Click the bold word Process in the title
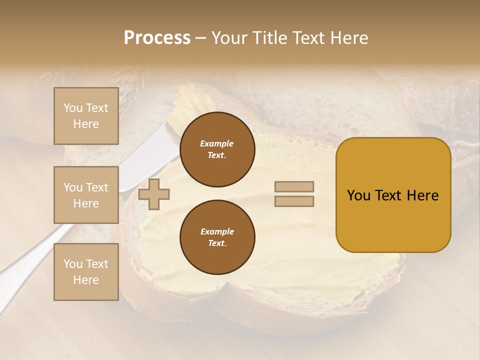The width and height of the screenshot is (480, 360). click(157, 38)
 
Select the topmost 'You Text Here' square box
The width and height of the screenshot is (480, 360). click(86, 116)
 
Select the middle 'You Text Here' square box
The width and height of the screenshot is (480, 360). click(86, 195)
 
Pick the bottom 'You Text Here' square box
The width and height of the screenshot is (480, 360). click(86, 271)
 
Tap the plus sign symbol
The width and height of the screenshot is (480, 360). click(154, 194)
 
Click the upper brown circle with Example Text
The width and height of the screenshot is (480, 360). click(217, 149)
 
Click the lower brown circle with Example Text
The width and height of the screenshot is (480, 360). click(217, 237)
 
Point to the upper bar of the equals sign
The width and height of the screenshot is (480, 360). click(294, 187)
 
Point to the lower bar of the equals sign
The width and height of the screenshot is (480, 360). click(294, 201)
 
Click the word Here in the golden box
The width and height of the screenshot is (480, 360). click(423, 195)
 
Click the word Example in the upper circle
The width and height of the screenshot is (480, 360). click(217, 143)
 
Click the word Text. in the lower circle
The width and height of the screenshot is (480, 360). click(217, 243)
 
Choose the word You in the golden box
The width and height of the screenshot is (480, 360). click(358, 195)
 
